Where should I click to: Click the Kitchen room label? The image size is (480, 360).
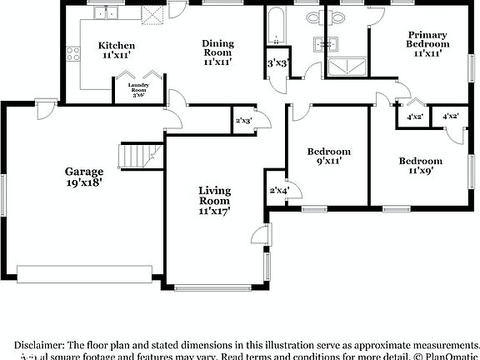(117, 50)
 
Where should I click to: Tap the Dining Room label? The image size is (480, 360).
(218, 52)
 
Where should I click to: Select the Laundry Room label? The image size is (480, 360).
(139, 90)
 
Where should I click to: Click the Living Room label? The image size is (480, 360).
(214, 201)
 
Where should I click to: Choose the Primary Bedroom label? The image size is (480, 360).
(427, 43)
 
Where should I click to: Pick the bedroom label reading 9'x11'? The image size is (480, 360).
(328, 156)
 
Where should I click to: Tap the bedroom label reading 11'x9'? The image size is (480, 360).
(419, 166)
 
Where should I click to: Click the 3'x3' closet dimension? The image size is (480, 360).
(277, 63)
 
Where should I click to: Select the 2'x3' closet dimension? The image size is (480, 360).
(243, 121)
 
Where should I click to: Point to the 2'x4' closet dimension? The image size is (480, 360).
(277, 192)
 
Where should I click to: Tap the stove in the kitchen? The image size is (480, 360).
(73, 55)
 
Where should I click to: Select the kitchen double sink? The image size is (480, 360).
(105, 12)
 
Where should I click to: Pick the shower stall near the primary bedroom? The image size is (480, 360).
(347, 67)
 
